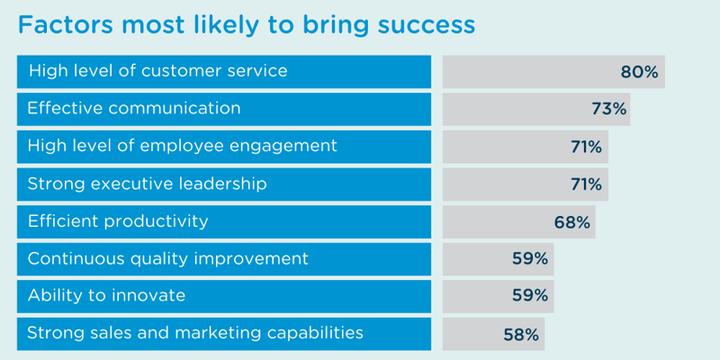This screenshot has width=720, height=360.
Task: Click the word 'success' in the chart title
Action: [x=418, y=26]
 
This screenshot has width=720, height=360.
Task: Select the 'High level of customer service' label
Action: [x=157, y=71]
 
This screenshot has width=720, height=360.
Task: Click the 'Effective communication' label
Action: [x=134, y=108]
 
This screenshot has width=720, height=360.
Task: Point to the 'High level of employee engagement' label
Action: [x=182, y=146]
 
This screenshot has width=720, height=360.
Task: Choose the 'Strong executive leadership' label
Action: [x=147, y=184]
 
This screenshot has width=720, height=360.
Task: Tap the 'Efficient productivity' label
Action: [x=118, y=221]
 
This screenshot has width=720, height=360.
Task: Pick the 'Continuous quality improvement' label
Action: [x=167, y=259]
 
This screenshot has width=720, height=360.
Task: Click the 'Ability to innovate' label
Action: [x=106, y=296]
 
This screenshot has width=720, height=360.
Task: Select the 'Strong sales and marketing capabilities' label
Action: [x=195, y=334]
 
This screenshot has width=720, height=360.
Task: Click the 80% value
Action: [x=640, y=72]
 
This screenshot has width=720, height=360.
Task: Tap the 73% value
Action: [x=608, y=109]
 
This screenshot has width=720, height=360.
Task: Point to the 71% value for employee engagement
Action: [x=586, y=147]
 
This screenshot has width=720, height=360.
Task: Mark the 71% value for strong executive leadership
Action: [x=586, y=184]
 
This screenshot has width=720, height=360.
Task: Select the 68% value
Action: [x=572, y=222]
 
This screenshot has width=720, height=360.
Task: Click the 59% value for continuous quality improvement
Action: [x=530, y=259]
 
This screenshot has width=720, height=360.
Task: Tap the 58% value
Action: [x=521, y=335]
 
